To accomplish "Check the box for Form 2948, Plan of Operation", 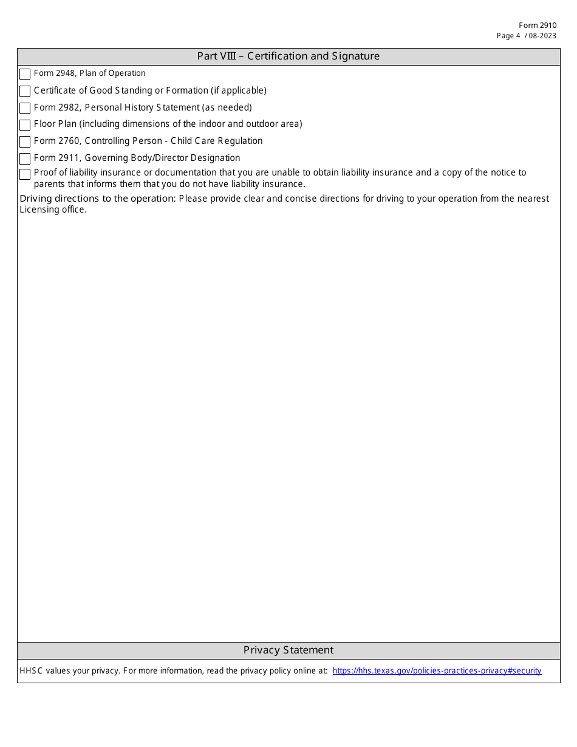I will [25, 74].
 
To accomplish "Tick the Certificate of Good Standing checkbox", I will [25, 91].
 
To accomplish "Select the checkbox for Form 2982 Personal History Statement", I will [25, 108].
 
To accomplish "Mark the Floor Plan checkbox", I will [25, 125].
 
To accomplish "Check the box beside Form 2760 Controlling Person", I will [25, 142].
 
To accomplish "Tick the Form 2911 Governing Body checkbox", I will [25, 159].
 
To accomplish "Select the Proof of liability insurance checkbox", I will [25, 174].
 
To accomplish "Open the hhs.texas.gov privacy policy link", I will [437, 671].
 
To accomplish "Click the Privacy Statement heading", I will [288, 650].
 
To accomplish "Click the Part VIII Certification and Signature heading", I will [288, 56].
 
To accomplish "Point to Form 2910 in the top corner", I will [537, 26].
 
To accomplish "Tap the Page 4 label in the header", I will [508, 36].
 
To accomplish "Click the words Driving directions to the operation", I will [98, 199].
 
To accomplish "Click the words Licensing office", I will [53, 210].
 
